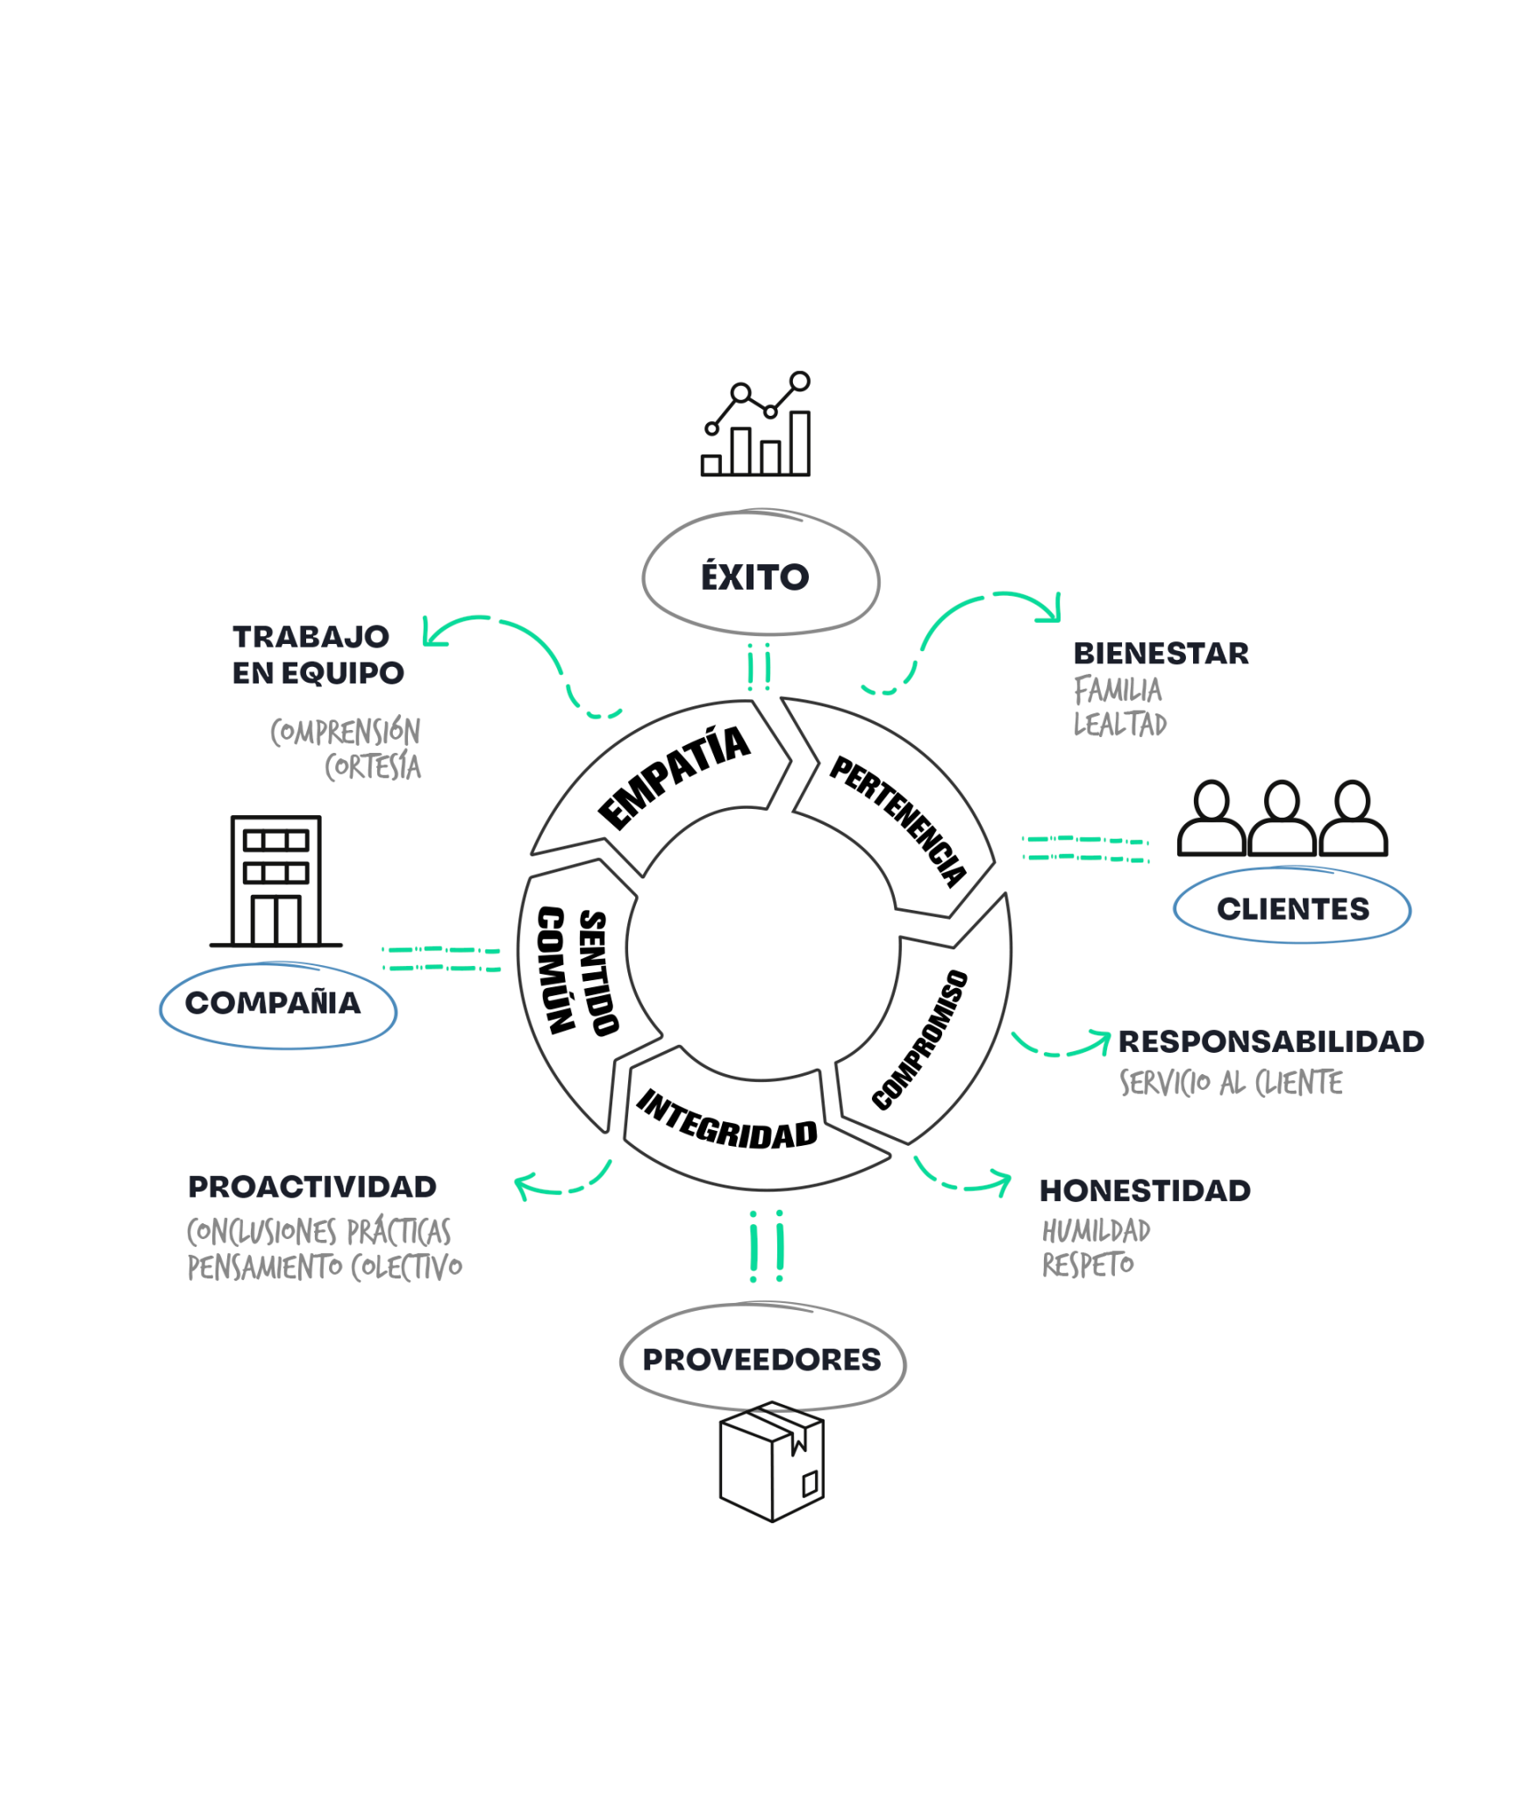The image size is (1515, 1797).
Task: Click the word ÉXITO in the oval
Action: [x=754, y=576]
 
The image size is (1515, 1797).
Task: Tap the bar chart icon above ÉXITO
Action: [x=756, y=426]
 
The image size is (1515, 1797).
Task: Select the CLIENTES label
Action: [x=1292, y=908]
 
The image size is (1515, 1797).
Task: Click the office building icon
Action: [x=276, y=881]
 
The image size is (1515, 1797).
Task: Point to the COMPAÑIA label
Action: [x=273, y=1002]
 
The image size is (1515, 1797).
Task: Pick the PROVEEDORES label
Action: [x=761, y=1359]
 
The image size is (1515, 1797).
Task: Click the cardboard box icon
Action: [x=771, y=1462]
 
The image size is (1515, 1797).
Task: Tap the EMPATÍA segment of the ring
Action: [x=674, y=777]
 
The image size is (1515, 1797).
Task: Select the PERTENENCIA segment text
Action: [x=898, y=820]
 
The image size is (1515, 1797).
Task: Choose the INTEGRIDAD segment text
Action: [x=726, y=1120]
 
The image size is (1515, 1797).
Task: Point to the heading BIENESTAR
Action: [x=1161, y=653]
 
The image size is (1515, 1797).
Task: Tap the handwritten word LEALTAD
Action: [x=1120, y=724]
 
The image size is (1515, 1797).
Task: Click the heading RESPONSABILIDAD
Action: [x=1271, y=1042]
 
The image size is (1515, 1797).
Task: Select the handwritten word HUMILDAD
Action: [x=1096, y=1231]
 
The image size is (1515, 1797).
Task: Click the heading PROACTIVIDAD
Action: [x=312, y=1186]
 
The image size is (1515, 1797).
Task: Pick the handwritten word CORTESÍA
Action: [x=373, y=767]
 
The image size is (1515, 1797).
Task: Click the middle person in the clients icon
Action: [x=1282, y=818]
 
